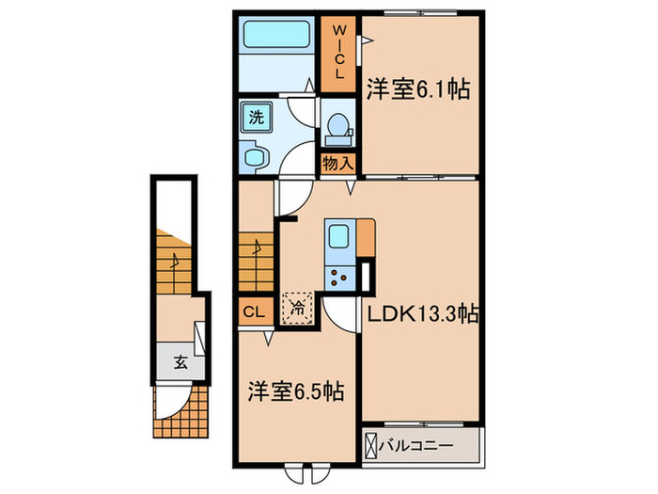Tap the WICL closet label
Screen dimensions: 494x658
[340, 54]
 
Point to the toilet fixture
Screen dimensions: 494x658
[337, 128]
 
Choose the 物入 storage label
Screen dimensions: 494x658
[338, 163]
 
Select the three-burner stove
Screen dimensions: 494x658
[337, 277]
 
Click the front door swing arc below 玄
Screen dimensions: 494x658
[168, 400]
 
